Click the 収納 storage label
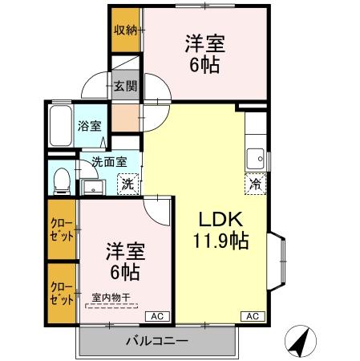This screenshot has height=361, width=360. (124, 30)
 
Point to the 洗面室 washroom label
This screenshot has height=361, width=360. (108, 161)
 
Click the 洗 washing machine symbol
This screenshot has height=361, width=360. (127, 184)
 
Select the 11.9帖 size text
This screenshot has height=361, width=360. (220, 240)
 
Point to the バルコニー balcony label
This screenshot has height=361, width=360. (156, 341)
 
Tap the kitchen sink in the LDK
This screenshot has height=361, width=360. (256, 156)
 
